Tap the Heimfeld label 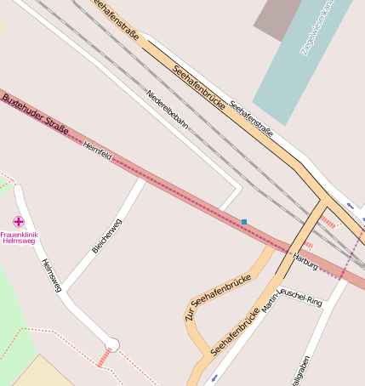tap(98, 151)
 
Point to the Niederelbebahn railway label tap(167, 109)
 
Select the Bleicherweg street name tap(106, 236)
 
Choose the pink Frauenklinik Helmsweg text tap(19, 238)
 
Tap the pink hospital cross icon tap(19, 221)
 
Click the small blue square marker tap(244, 222)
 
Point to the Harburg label tap(305, 260)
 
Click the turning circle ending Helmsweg tap(111, 344)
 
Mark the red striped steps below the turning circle tap(105, 358)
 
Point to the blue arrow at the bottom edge tap(213, 377)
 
